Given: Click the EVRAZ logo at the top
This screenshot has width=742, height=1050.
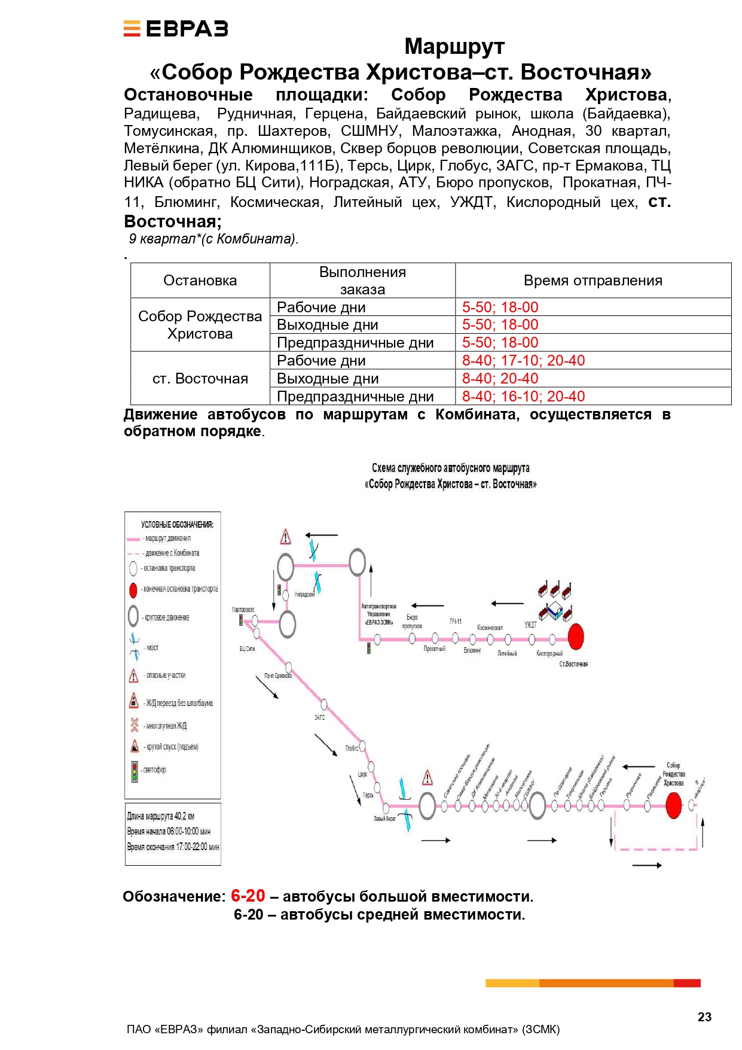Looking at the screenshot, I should [x=176, y=29].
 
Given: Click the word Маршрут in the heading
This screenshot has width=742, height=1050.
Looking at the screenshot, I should [x=454, y=46].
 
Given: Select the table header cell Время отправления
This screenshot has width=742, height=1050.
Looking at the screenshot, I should [x=593, y=280].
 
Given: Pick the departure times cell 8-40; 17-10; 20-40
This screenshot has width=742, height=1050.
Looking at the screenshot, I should [x=523, y=360].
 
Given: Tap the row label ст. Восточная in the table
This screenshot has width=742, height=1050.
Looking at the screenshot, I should [x=200, y=378].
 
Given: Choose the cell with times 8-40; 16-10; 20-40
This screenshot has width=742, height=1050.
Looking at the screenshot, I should [x=523, y=396].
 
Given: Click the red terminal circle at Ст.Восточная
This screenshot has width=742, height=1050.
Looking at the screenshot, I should [x=576, y=637].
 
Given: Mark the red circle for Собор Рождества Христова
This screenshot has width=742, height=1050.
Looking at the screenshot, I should [x=674, y=805].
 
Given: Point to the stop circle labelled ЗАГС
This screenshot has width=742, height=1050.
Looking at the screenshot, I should [x=324, y=704].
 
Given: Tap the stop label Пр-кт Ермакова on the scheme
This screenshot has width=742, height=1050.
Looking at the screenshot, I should [x=278, y=676].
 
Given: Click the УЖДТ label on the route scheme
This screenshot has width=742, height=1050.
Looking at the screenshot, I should [x=530, y=625].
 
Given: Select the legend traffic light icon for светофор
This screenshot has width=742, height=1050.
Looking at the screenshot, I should [x=135, y=772].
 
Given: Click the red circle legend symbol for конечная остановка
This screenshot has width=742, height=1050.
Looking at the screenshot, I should [x=133, y=590].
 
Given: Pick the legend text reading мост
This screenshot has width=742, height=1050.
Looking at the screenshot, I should [x=152, y=648].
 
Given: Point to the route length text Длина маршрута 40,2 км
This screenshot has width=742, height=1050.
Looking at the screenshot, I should [x=161, y=816].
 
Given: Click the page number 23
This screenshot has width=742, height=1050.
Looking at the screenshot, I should [x=704, y=1017].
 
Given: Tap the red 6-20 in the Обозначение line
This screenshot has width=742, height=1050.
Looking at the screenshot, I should [x=248, y=896].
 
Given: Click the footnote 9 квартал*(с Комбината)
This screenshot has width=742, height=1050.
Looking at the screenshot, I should [x=213, y=239].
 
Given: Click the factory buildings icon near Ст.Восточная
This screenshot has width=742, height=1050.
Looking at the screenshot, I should [x=555, y=601].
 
